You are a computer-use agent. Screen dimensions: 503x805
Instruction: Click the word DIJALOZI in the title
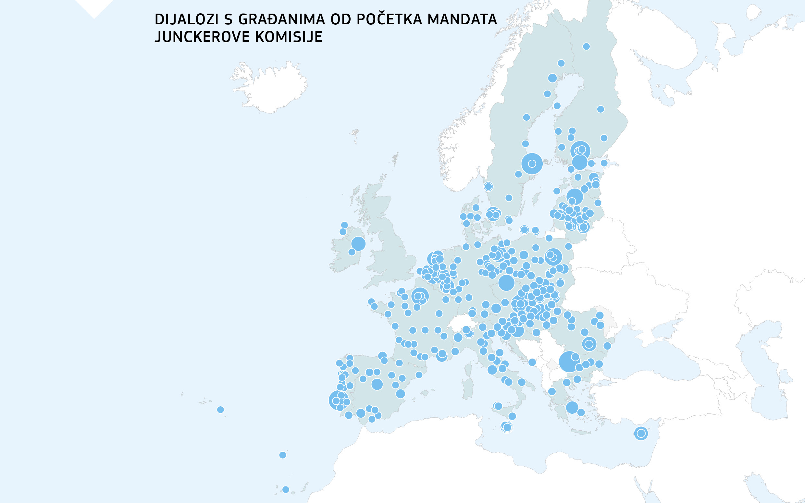point(186,19)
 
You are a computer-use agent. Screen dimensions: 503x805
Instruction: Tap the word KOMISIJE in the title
point(289,37)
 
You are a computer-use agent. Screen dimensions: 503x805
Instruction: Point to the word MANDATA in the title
point(462,19)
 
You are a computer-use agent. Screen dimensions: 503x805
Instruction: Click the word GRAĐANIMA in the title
point(281,19)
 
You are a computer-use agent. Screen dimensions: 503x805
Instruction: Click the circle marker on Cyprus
point(641,434)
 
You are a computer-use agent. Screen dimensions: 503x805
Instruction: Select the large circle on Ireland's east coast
point(358,243)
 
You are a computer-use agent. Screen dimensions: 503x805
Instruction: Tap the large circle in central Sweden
point(532,164)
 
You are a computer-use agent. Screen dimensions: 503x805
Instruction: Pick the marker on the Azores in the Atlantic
point(220,410)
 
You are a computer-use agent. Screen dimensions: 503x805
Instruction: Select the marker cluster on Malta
point(507,427)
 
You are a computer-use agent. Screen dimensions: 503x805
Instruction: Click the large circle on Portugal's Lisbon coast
point(338,400)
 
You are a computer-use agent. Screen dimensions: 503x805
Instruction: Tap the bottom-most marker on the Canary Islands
point(286,489)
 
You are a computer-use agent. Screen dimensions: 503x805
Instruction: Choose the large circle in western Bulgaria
point(569,362)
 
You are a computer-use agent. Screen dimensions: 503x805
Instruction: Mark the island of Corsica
point(468,369)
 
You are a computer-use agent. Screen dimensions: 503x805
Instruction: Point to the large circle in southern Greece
point(572,408)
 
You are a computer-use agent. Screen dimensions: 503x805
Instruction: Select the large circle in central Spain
point(377,384)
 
